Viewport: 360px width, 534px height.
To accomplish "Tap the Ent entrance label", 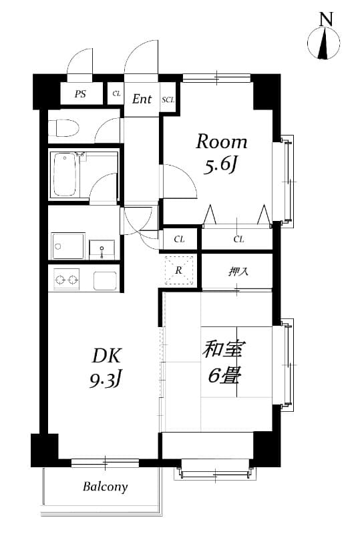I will [141, 99].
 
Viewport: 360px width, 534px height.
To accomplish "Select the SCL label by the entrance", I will [168, 100].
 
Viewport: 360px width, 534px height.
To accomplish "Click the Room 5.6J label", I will [220, 153].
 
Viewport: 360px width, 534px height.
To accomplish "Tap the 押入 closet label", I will [238, 272].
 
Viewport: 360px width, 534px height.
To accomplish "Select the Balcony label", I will [105, 487].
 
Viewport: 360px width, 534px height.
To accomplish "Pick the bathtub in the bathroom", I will [65, 174].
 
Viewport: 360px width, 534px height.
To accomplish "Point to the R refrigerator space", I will [179, 270].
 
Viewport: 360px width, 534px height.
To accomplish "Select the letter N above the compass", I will [325, 19].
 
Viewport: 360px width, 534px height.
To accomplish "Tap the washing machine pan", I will [68, 246].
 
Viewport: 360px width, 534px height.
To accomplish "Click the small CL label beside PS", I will [116, 94].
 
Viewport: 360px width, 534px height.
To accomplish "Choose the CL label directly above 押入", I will [238, 239].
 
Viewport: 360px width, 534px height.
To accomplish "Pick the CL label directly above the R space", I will [179, 239].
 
